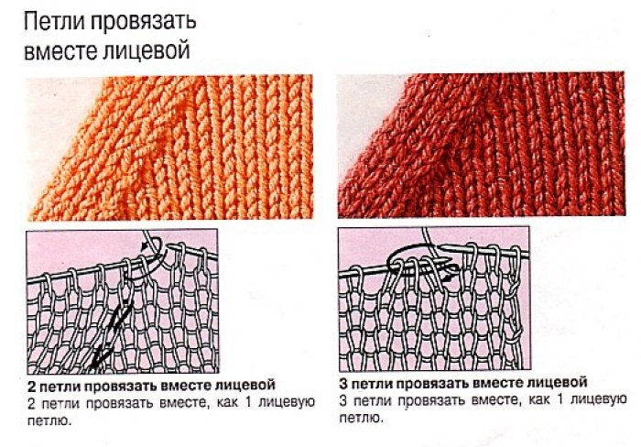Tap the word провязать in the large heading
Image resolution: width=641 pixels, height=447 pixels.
point(143,23)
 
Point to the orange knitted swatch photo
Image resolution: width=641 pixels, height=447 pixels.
point(169,147)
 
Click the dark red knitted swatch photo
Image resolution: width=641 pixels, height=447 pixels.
point(481,145)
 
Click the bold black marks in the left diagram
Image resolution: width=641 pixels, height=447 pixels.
point(113,333)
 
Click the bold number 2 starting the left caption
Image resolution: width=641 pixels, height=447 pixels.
point(31,387)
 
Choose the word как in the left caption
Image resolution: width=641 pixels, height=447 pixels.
point(227,403)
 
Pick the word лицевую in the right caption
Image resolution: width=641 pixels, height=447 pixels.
point(599,400)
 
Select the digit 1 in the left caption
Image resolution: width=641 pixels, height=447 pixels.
point(248,402)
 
